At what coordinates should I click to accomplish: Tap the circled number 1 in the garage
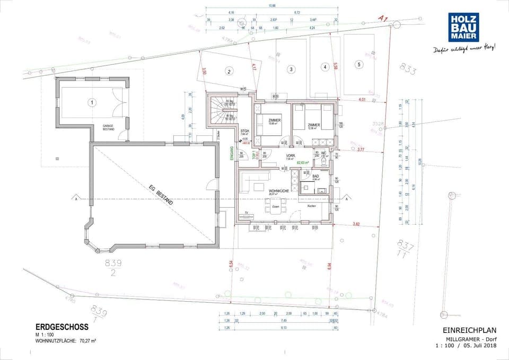click(x=92, y=102)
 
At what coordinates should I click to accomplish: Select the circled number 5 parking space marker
click(x=359, y=65)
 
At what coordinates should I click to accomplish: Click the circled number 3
click(x=291, y=69)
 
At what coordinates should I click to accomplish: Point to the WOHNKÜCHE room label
click(x=278, y=191)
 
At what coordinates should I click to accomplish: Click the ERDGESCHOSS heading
click(x=62, y=327)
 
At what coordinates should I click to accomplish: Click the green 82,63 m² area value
click(x=303, y=162)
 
